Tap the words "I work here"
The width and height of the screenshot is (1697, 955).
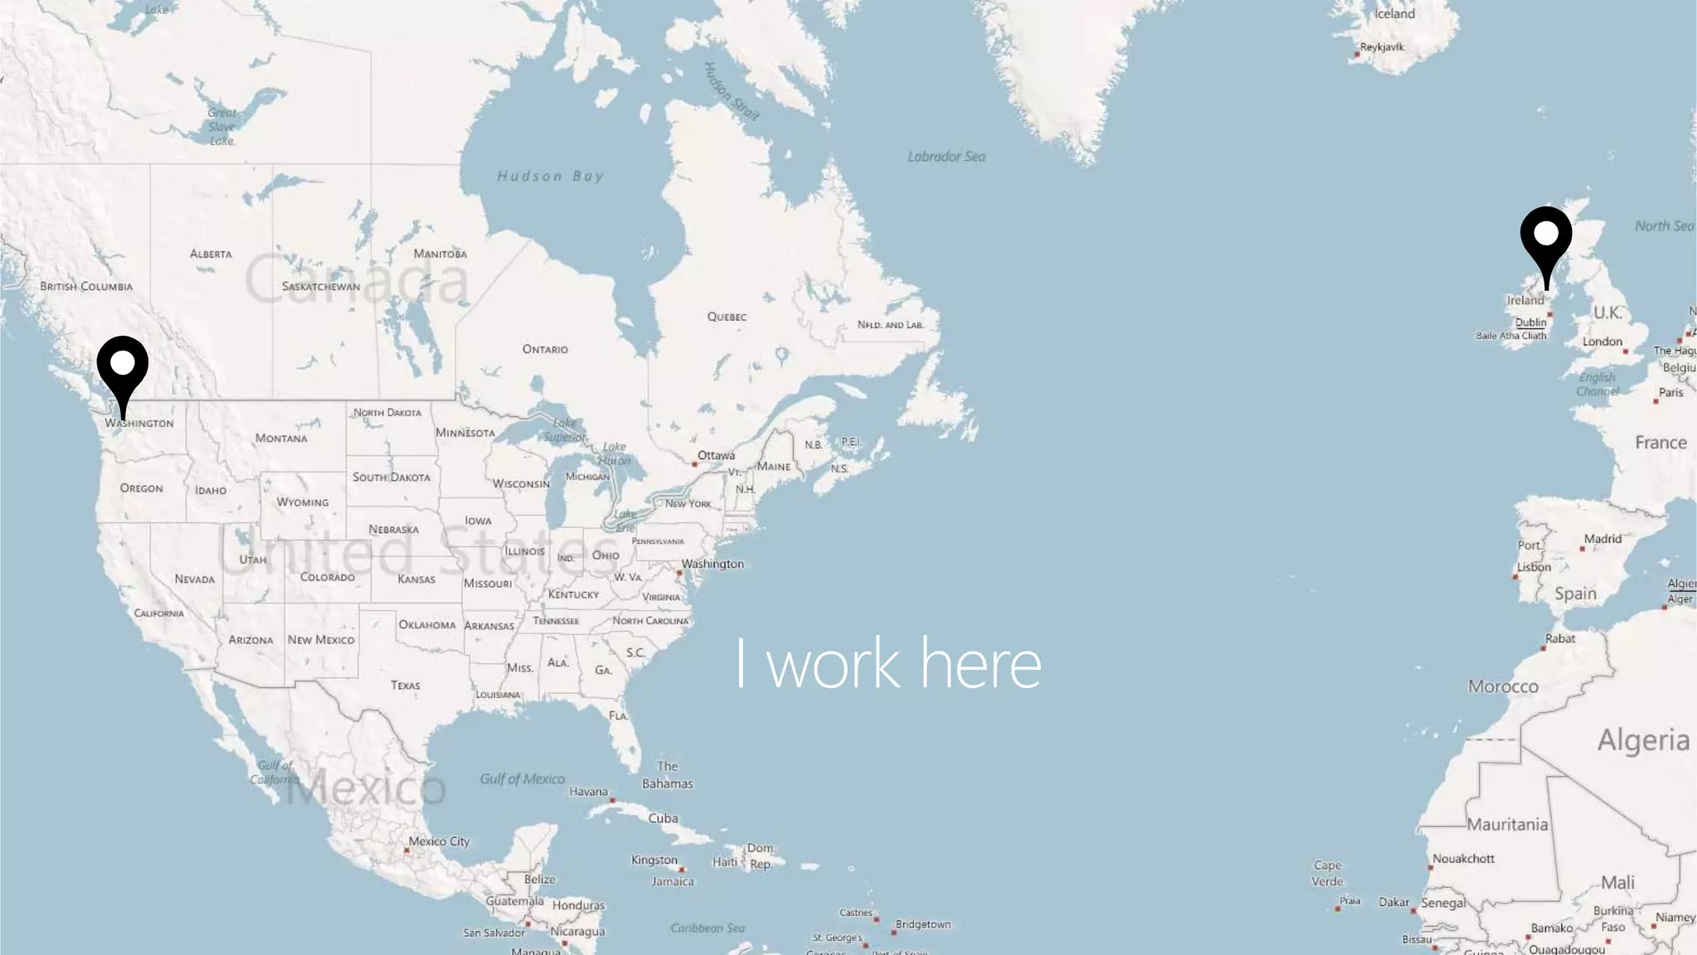pyautogui.click(x=887, y=663)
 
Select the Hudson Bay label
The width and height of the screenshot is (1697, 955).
pyautogui.click(x=550, y=176)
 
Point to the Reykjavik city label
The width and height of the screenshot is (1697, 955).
pyautogui.click(x=1381, y=47)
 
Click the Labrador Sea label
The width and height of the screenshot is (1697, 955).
pyautogui.click(x=946, y=157)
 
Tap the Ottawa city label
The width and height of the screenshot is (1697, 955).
pyautogui.click(x=716, y=455)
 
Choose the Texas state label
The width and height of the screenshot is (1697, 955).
pyautogui.click(x=405, y=686)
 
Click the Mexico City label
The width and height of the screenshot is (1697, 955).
pyautogui.click(x=438, y=841)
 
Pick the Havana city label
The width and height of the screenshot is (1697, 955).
pyautogui.click(x=588, y=792)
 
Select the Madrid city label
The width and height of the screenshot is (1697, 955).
pyautogui.click(x=1603, y=539)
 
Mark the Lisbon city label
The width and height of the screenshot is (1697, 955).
pyautogui.click(x=1534, y=567)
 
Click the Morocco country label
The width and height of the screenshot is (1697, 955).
pyautogui.click(x=1503, y=686)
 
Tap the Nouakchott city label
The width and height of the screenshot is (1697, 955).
pyautogui.click(x=1463, y=859)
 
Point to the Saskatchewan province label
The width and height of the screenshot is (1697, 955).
pyautogui.click(x=321, y=287)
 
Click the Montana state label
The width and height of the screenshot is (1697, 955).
pyautogui.click(x=281, y=439)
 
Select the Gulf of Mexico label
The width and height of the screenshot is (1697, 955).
pyautogui.click(x=522, y=779)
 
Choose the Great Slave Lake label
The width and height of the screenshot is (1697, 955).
pyautogui.click(x=221, y=127)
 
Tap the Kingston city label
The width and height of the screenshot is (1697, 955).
pyautogui.click(x=655, y=860)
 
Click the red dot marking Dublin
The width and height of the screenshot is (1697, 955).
pyautogui.click(x=1550, y=315)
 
